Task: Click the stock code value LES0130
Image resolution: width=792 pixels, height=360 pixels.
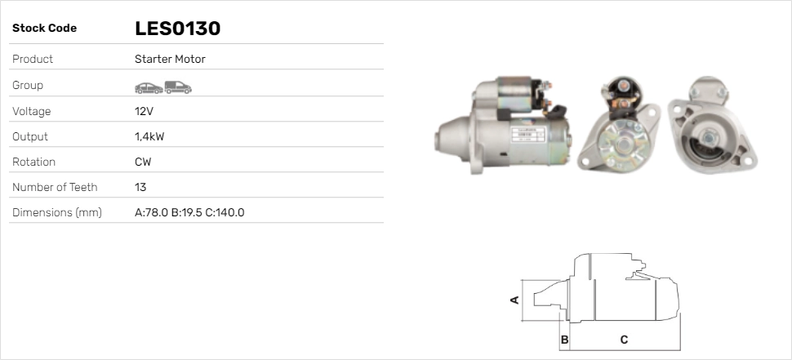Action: coord(177,29)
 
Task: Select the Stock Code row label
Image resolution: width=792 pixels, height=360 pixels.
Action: coord(44,29)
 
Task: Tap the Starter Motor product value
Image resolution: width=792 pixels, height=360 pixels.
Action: coord(170,59)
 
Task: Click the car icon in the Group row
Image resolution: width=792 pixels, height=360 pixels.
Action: coord(149,88)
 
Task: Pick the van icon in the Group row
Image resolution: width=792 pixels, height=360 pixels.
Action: coord(178,87)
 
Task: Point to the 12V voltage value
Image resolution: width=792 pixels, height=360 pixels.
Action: coord(144,111)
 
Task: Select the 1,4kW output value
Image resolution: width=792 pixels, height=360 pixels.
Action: coord(149,136)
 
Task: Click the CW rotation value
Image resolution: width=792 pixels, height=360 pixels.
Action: coord(143,162)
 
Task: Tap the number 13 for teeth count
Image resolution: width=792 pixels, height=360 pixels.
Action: coord(140,187)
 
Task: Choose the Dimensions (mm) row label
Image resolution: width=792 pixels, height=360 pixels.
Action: coord(57,212)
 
